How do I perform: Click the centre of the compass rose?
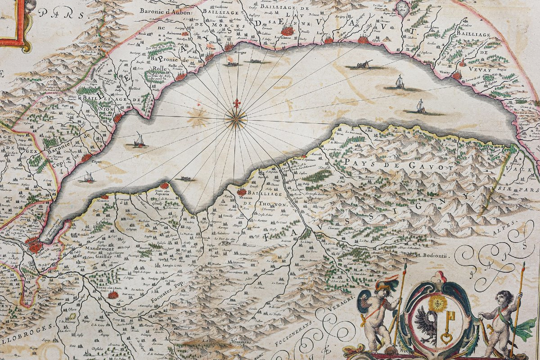236,119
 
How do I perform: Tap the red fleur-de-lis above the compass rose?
236,103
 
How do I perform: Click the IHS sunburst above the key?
436,303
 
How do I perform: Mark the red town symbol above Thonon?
242,191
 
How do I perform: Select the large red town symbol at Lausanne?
286,30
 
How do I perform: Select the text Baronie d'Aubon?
166,12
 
